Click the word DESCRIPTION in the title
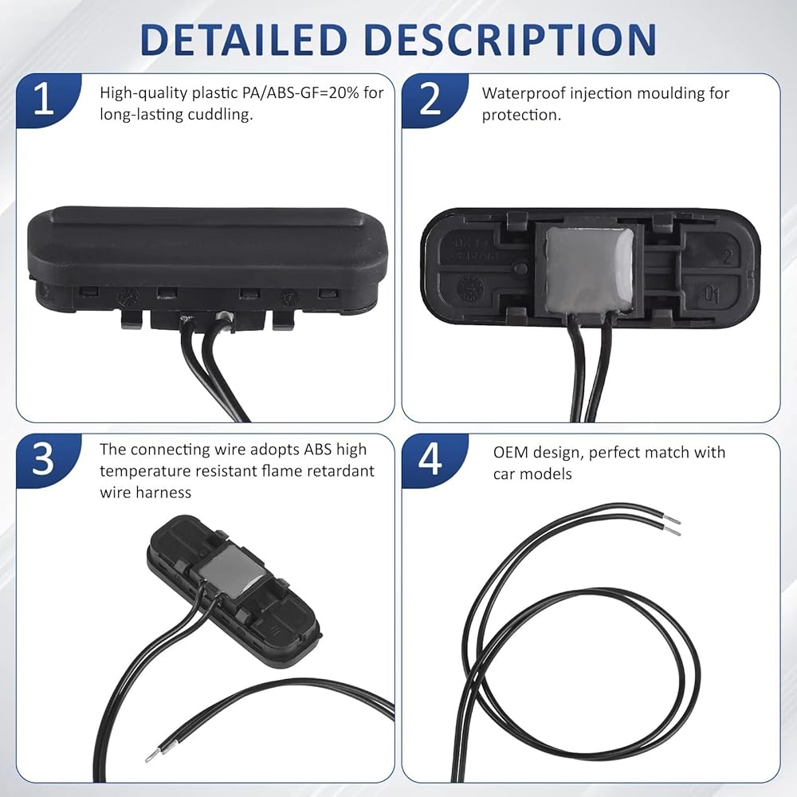[510, 39]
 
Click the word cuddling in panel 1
[220, 115]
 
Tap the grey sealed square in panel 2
[589, 269]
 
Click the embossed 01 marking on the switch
[712, 294]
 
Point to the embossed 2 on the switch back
[728, 257]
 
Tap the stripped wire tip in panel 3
[153, 756]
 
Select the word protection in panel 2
[521, 116]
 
